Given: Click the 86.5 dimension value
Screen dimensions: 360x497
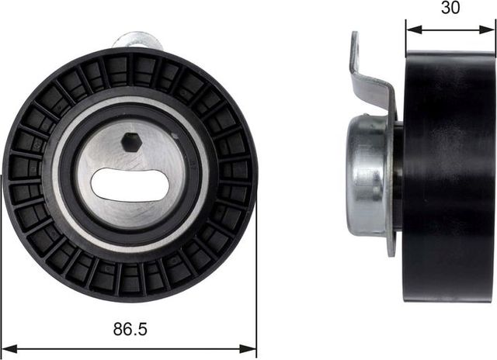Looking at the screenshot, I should (129, 329).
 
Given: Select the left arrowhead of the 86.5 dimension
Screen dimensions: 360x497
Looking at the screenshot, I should (8, 347).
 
